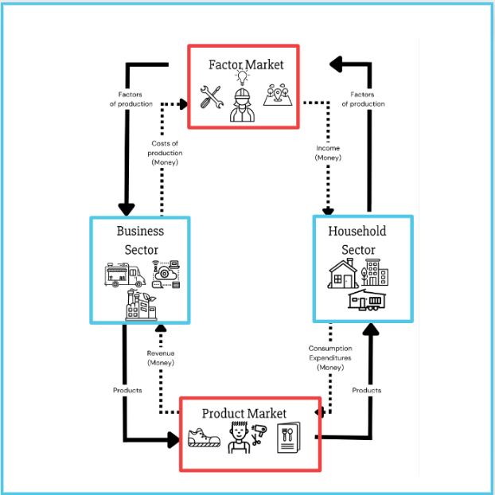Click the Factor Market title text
(245, 63)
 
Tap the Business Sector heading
(140, 240)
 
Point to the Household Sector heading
(357, 240)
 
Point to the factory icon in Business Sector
(142, 306)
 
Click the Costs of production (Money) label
(166, 153)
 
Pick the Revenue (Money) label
(161, 358)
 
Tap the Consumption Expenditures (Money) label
(329, 358)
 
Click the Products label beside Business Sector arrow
(127, 390)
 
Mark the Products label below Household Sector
(366, 390)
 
